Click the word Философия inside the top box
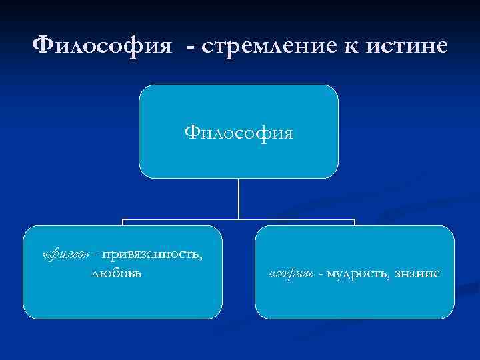pyautogui.click(x=239, y=132)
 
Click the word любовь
pyautogui.click(x=123, y=273)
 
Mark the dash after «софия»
pyautogui.click(x=322, y=274)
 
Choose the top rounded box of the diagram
pyautogui.click(x=239, y=107)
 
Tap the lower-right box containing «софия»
pyautogui.click(x=354, y=300)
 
